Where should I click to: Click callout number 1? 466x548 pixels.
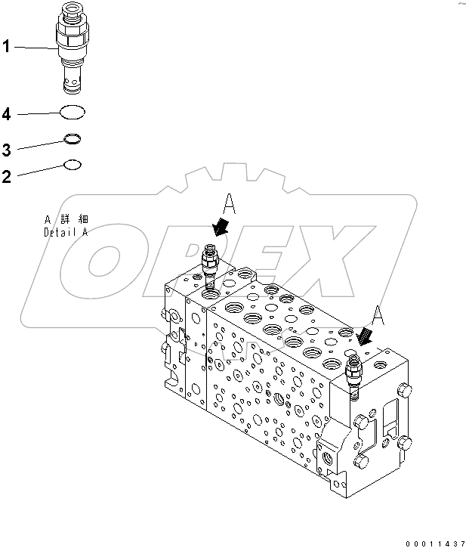click(6, 47)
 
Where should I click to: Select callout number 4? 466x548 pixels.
click(6, 115)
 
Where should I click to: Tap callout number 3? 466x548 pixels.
click(6, 149)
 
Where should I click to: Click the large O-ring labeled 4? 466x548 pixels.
click(73, 113)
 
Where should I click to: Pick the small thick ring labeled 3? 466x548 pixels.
click(73, 138)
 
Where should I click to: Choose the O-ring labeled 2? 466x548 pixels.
click(73, 163)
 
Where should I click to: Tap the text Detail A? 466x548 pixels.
click(65, 232)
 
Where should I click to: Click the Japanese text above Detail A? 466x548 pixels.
click(65, 220)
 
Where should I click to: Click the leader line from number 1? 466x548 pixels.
click(34, 48)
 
